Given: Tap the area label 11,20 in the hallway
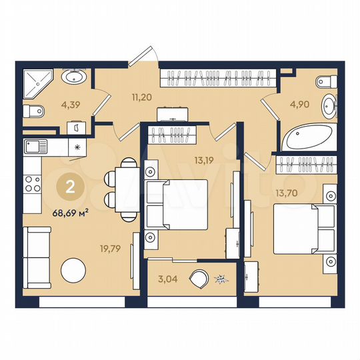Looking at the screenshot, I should [141, 97].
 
